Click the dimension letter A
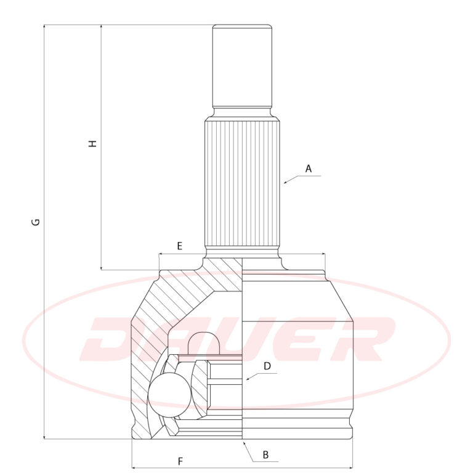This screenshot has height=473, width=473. pyautogui.click(x=308, y=169)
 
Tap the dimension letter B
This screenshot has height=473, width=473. pyautogui.click(x=265, y=455)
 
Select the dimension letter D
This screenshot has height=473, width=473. pyautogui.click(x=267, y=366)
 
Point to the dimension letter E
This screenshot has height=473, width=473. pyautogui.click(x=179, y=246)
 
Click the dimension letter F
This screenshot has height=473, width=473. pyautogui.click(x=180, y=461)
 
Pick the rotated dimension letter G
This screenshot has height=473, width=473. pyautogui.click(x=36, y=222)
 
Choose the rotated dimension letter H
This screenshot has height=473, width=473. pyautogui.click(x=92, y=144)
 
